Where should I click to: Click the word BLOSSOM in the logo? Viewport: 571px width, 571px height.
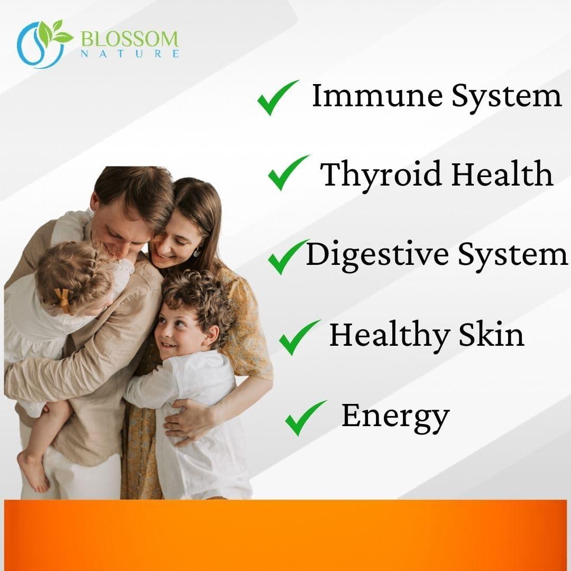(130, 39)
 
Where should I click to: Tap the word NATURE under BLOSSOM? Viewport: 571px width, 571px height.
(130, 53)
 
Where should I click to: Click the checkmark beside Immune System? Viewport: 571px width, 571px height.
(277, 98)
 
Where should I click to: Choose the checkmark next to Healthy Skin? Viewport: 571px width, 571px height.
(299, 337)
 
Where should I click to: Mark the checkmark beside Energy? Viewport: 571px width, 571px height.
(305, 417)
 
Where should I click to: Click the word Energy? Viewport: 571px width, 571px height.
(395, 417)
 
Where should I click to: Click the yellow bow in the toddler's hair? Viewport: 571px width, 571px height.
(62, 299)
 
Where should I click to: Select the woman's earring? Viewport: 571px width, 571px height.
(197, 253)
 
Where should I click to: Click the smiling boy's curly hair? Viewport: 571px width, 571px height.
(198, 296)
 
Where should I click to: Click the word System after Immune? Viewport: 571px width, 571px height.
(506, 97)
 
